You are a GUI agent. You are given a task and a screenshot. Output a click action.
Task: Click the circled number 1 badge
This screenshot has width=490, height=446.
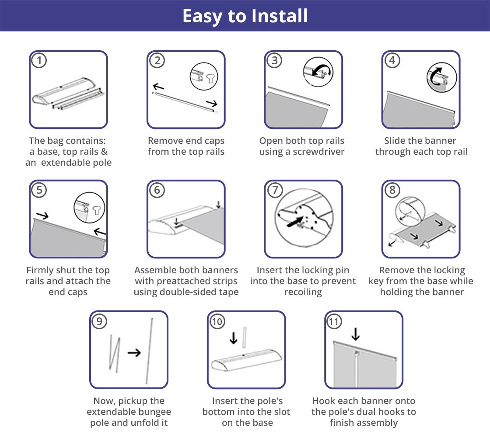pyautogui.click(x=39, y=60)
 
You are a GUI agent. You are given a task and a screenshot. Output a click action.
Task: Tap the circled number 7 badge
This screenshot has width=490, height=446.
pyautogui.click(x=275, y=190)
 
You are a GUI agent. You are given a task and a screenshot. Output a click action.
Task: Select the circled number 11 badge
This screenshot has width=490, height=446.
pyautogui.click(x=334, y=321)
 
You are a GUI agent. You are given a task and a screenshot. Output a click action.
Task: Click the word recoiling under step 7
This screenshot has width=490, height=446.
pyautogui.click(x=303, y=292)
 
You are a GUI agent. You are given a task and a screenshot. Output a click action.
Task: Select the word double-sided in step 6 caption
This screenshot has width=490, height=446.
pyautogui.click(x=186, y=292)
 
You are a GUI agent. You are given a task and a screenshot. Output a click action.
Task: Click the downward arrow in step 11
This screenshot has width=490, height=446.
pyautogui.click(x=355, y=334)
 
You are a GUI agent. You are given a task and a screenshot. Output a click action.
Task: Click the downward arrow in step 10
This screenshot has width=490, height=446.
pyautogui.click(x=234, y=338)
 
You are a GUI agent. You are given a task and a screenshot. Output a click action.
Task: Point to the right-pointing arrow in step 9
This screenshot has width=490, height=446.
pyautogui.click(x=134, y=352)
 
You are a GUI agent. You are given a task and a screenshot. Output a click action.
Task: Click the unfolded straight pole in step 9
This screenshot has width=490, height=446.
pyautogui.click(x=149, y=351)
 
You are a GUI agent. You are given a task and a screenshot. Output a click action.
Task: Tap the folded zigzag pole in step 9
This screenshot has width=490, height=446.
pyautogui.click(x=114, y=354)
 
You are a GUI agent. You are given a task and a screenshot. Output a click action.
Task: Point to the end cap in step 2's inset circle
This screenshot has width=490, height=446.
pyautogui.click(x=211, y=78)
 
